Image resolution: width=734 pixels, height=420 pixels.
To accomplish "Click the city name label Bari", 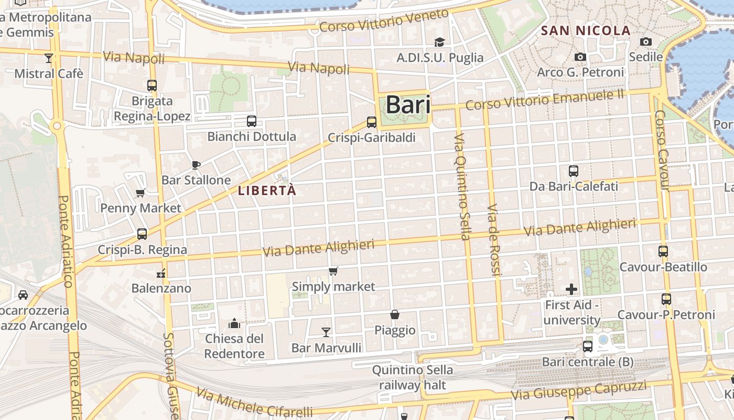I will pyautogui.click(x=408, y=105).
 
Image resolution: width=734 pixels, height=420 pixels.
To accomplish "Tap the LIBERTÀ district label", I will pyautogui.click(x=267, y=191).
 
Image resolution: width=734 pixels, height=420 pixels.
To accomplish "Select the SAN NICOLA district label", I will pyautogui.click(x=586, y=30).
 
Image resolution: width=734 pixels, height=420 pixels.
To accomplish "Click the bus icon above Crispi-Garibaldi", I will pyautogui.click(x=372, y=122).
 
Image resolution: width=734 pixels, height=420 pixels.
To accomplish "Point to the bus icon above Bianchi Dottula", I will pyautogui.click(x=252, y=121).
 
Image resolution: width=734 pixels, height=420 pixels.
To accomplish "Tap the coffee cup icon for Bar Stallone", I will pyautogui.click(x=196, y=165).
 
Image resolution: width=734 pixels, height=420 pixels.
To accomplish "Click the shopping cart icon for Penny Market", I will pyautogui.click(x=141, y=193).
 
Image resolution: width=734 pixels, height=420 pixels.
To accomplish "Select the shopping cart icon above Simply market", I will pyautogui.click(x=333, y=271).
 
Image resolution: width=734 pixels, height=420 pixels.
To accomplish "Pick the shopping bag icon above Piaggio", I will pyautogui.click(x=395, y=314).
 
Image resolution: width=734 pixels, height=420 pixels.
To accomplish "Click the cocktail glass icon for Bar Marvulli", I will pyautogui.click(x=326, y=332).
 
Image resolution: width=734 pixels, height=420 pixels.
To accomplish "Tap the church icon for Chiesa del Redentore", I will pyautogui.click(x=234, y=322).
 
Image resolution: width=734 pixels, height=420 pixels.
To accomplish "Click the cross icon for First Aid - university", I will pyautogui.click(x=571, y=289).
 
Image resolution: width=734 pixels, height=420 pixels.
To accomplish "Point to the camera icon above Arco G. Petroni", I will pyautogui.click(x=580, y=57).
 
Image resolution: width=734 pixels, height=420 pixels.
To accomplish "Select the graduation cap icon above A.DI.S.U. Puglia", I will pyautogui.click(x=439, y=42).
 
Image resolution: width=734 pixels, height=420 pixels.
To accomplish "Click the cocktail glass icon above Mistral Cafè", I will pyautogui.click(x=49, y=58).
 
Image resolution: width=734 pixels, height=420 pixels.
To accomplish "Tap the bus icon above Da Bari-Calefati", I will pyautogui.click(x=574, y=171).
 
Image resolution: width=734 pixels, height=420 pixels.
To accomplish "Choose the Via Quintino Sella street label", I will pyautogui.click(x=461, y=187).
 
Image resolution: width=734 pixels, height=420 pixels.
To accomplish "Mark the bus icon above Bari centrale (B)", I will pyautogui.click(x=588, y=346).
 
